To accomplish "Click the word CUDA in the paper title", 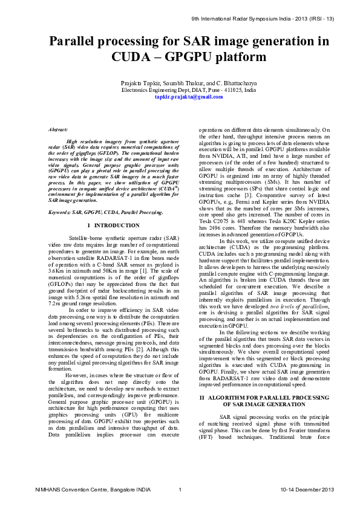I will [132, 57].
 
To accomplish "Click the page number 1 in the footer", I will [180, 489].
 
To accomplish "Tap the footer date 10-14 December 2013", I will [307, 489].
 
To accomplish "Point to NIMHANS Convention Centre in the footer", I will [66, 489].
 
